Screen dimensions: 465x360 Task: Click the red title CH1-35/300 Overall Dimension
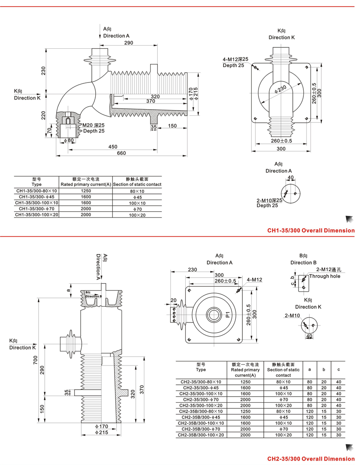[311, 230]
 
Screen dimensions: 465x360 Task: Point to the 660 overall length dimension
[122, 153]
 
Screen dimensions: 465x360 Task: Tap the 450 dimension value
[113, 146]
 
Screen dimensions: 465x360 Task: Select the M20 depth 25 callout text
[94, 128]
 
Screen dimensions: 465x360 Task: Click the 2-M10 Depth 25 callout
[269, 203]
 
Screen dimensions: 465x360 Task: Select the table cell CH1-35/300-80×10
[36, 191]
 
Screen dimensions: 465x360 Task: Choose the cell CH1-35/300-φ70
[36, 209]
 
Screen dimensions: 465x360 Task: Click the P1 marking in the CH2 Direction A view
[228, 314]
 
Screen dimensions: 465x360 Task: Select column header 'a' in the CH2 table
[310, 369]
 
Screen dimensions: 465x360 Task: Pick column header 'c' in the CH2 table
[338, 369]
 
